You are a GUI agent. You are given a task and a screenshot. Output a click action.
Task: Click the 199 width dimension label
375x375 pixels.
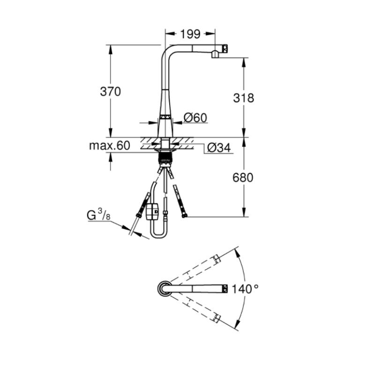190,34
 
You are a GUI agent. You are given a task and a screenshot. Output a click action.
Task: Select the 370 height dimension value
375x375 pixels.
110,91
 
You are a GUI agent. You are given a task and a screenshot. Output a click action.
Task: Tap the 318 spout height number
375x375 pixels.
243,98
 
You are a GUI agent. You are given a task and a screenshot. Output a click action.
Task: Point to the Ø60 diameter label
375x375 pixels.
195,118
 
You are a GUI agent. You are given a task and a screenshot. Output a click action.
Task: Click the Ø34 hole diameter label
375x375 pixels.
219,148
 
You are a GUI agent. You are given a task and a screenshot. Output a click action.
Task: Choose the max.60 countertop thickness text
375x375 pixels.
110,145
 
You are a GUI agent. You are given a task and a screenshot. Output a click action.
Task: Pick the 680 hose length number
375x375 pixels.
243,178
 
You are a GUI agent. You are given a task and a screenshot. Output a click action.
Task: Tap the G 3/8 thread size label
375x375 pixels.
98,214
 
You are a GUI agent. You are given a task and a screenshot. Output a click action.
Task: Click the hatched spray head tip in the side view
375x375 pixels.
225,48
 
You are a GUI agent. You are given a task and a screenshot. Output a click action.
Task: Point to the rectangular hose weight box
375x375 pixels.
152,212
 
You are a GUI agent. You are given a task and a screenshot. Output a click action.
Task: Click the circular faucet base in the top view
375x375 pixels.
164,289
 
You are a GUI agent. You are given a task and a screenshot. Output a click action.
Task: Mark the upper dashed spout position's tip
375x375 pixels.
217,259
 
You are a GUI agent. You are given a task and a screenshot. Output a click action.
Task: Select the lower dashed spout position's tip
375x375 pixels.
217,319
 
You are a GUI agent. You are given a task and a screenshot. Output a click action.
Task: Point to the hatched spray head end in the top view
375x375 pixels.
225,289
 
